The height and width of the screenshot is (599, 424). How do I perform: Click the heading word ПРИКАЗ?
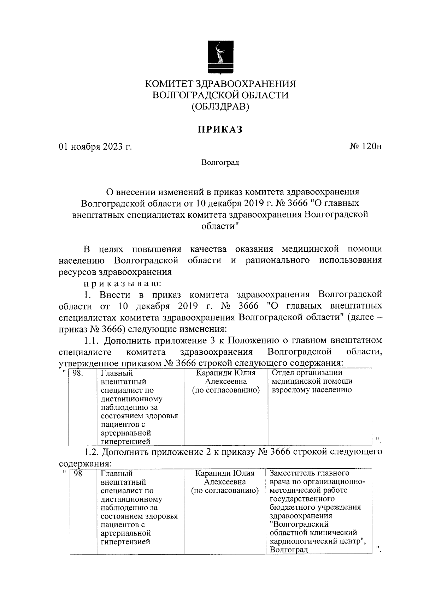[x=220, y=130]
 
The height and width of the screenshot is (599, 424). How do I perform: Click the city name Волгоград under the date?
[x=220, y=163]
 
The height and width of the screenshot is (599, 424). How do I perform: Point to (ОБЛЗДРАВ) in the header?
[x=220, y=106]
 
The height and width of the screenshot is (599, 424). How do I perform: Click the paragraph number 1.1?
[x=93, y=341]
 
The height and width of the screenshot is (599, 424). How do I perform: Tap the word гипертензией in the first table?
[x=125, y=441]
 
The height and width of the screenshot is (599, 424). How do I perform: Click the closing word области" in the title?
[x=220, y=226]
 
